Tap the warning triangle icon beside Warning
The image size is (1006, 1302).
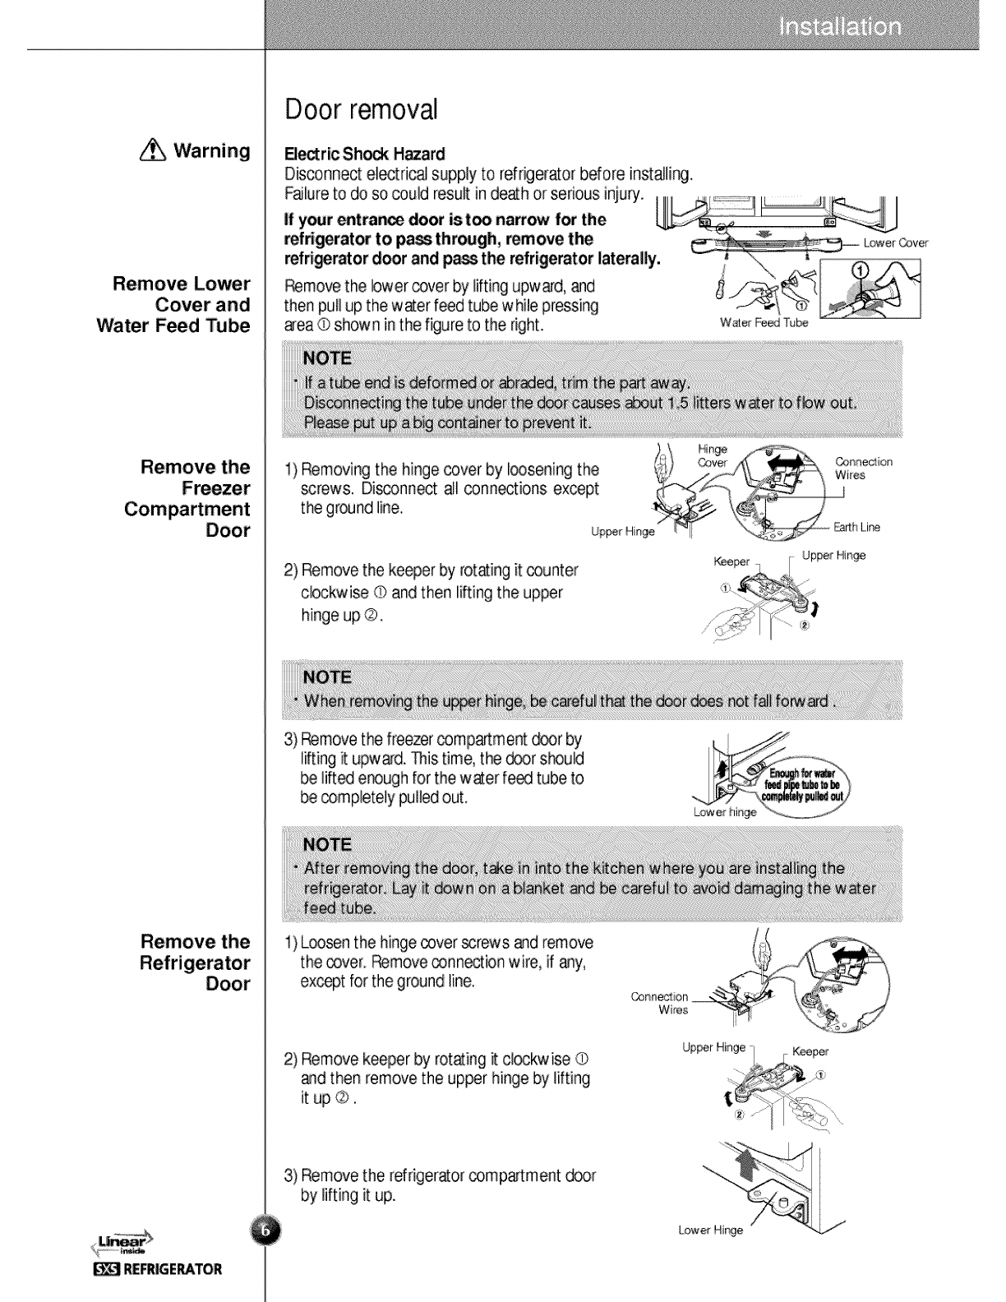pos(157,151)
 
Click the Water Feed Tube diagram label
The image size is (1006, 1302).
pos(764,322)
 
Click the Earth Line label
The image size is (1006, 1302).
pos(857,528)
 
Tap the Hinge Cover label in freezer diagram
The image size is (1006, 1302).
pos(712,456)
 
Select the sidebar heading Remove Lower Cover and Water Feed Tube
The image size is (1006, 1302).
pos(182,305)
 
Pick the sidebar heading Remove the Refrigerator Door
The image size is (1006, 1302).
pos(196,963)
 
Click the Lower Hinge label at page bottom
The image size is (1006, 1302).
pos(709,1230)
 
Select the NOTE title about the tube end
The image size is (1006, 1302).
pos(327,358)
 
